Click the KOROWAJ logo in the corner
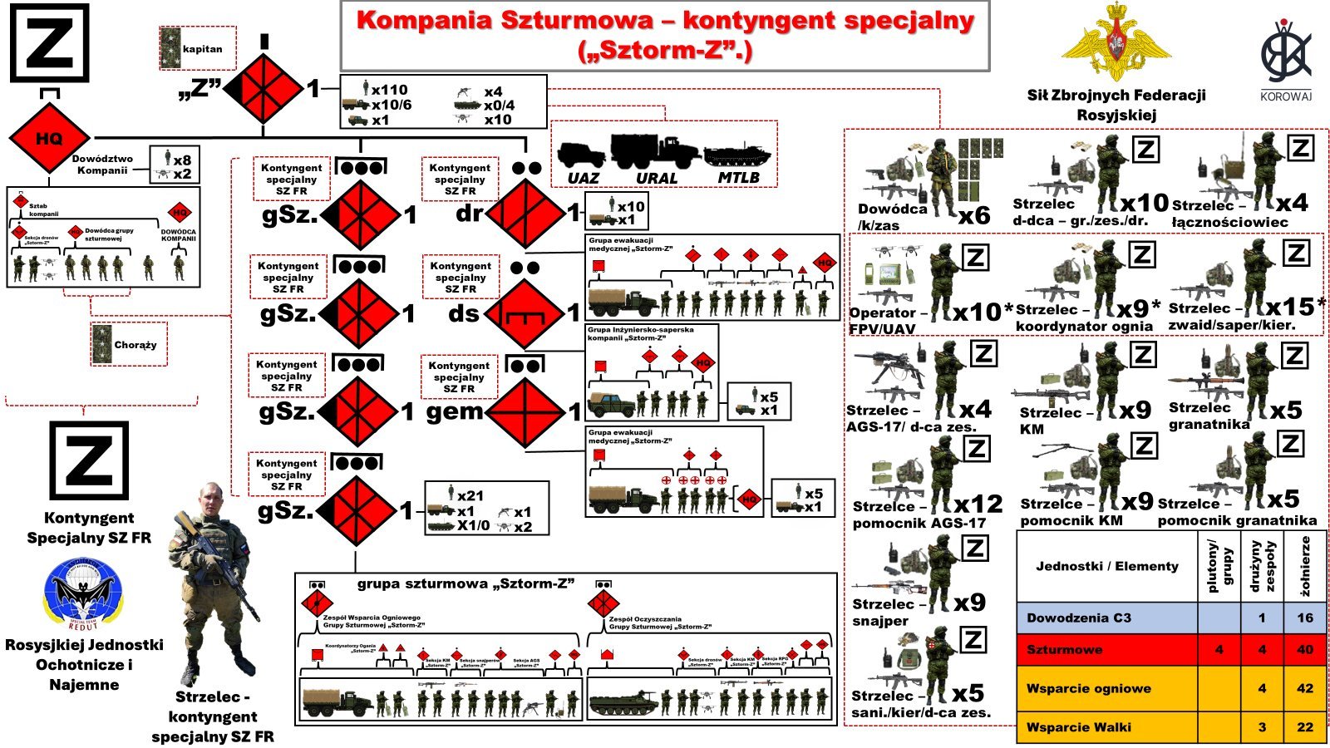pyautogui.click(x=1285, y=58)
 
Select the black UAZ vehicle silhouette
pyautogui.click(x=582, y=155)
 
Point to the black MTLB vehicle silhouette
pyautogui.click(x=737, y=155)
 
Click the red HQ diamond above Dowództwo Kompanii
pyautogui.click(x=49, y=139)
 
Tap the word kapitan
pyautogui.click(x=203, y=49)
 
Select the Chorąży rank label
pyautogui.click(x=135, y=345)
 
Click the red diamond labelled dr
pyautogui.click(x=525, y=214)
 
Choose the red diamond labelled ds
pyautogui.click(x=525, y=313)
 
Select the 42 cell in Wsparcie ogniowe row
pyautogui.click(x=1305, y=688)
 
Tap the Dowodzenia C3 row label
pyautogui.click(x=1079, y=618)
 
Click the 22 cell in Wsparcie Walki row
pyautogui.click(x=1305, y=726)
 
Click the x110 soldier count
pyautogui.click(x=389, y=90)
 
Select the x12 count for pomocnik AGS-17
pyautogui.click(x=978, y=504)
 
